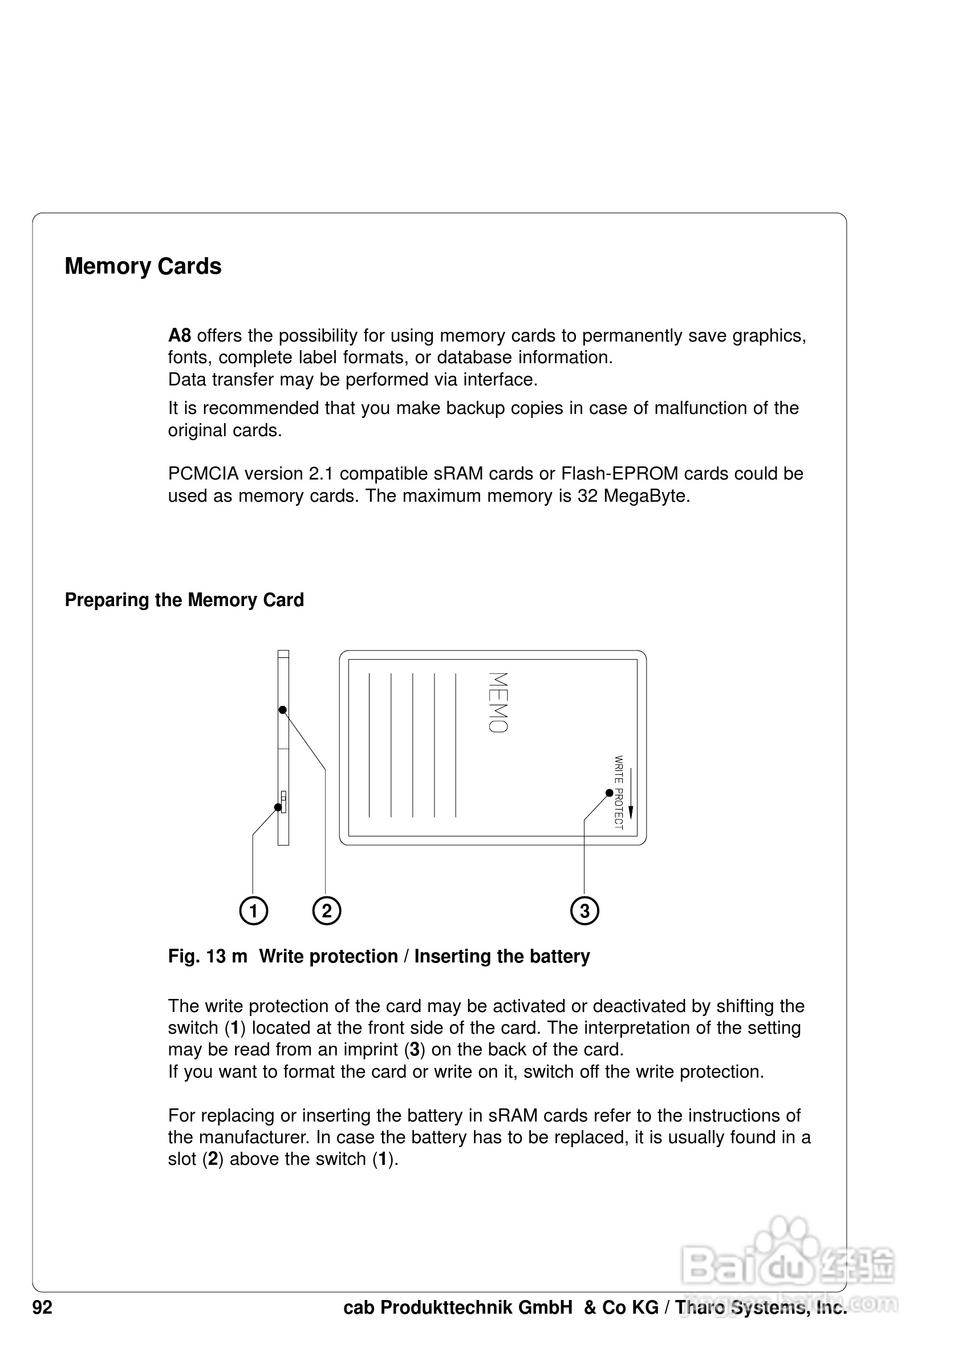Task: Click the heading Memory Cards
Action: (143, 267)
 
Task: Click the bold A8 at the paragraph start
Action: (179, 336)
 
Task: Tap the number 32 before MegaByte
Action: (587, 496)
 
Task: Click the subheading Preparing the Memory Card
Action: (184, 600)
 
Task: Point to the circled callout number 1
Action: (254, 911)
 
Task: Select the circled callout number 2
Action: (327, 911)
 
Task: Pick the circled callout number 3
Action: (584, 911)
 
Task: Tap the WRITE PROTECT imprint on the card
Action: (618, 792)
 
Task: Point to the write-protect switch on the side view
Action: (283, 802)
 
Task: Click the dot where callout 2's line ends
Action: (283, 710)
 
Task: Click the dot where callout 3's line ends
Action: (610, 793)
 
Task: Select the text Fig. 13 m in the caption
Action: (208, 956)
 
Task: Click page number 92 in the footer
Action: (43, 1307)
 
